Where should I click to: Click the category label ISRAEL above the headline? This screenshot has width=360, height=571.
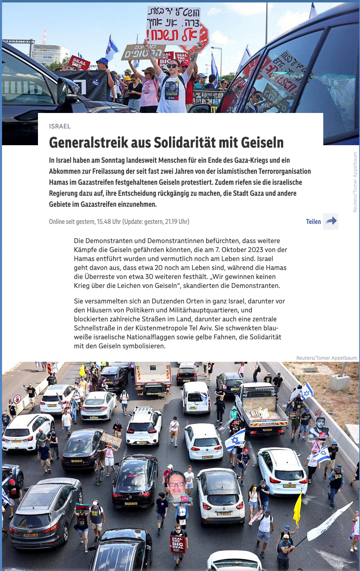coord(60,126)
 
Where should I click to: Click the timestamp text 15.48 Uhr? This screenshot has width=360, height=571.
coord(109,222)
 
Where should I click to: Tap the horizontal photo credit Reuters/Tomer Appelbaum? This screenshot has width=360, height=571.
coord(327,358)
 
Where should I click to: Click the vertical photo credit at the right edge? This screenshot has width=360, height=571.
coord(355,182)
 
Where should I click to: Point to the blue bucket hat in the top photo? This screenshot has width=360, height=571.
coord(102,62)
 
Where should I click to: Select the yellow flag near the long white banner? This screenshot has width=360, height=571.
coord(298,508)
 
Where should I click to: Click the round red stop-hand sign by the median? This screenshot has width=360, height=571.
coord(17,398)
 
